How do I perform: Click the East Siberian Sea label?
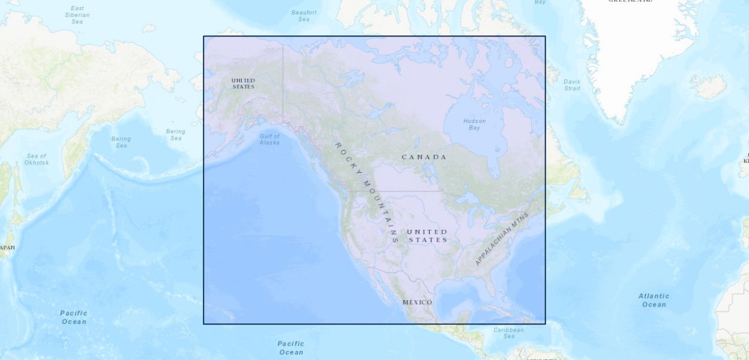pos(77,14)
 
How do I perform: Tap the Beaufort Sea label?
pos(304,16)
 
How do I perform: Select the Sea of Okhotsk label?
pos(36,159)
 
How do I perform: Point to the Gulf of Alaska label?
pos(269,139)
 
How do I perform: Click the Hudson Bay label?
pos(474,124)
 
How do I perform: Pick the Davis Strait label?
pos(572,85)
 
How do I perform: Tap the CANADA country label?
pos(424,157)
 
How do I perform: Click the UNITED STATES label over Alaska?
pos(243,83)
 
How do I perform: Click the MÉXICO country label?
pos(417,302)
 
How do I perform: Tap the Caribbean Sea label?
pos(508,333)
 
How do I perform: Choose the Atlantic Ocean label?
pos(654,300)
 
